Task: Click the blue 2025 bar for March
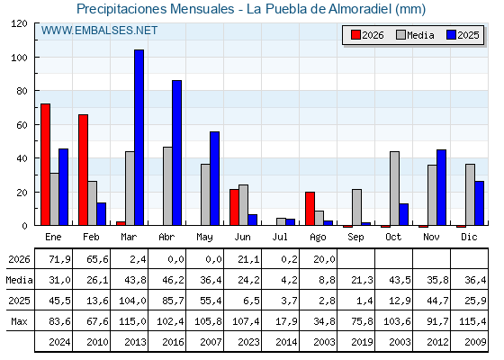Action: click(139, 138)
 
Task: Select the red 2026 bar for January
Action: click(45, 165)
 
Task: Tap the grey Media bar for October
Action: click(395, 188)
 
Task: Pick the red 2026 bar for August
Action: click(310, 209)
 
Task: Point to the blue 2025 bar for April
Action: click(177, 153)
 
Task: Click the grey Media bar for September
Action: click(356, 207)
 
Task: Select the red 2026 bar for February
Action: click(83, 170)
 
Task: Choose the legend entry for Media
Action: click(415, 35)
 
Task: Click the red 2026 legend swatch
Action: click(355, 35)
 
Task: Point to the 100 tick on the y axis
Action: click(19, 58)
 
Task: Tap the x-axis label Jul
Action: click(280, 238)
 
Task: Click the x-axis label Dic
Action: click(469, 237)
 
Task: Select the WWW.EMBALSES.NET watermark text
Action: click(99, 31)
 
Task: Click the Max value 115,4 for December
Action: click(472, 321)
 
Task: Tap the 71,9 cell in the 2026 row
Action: click(59, 259)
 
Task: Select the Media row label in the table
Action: click(19, 280)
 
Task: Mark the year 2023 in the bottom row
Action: click(248, 342)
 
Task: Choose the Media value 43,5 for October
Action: click(400, 280)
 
